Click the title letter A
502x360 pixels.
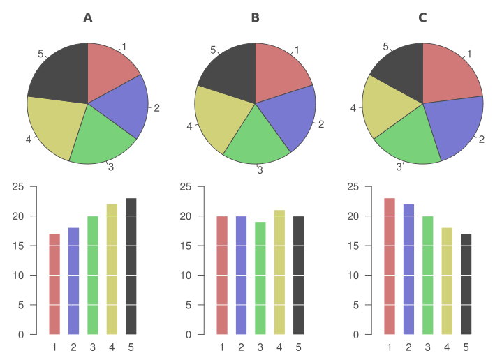[88, 17]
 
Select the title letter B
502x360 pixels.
[256, 17]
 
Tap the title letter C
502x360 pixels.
[422, 17]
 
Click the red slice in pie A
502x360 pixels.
[110, 70]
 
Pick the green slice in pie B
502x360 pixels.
[254, 139]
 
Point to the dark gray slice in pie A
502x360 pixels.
[59, 73]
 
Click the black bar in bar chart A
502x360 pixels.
[131, 266]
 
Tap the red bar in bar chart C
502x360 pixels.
[390, 266]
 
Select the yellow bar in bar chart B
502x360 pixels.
[279, 272]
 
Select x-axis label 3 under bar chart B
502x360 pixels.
[260, 347]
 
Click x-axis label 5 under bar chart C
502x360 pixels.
[466, 347]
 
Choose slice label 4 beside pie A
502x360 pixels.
[28, 140]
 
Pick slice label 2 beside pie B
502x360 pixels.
[321, 125]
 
